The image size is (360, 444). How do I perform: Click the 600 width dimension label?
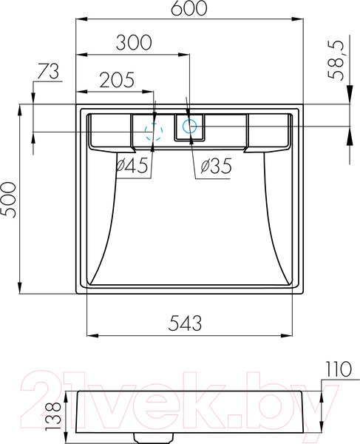189,8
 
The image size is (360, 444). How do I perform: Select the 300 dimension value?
134,43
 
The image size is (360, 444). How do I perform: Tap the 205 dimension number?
117,80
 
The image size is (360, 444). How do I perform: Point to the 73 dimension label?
48,71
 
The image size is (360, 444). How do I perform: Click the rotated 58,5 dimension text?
336,61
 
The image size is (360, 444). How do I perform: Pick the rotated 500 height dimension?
8,200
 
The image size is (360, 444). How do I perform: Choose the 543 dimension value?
186,323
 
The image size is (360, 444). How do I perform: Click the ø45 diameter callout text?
132,165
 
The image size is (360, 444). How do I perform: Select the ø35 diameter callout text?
217,166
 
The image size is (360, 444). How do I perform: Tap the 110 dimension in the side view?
339,369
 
